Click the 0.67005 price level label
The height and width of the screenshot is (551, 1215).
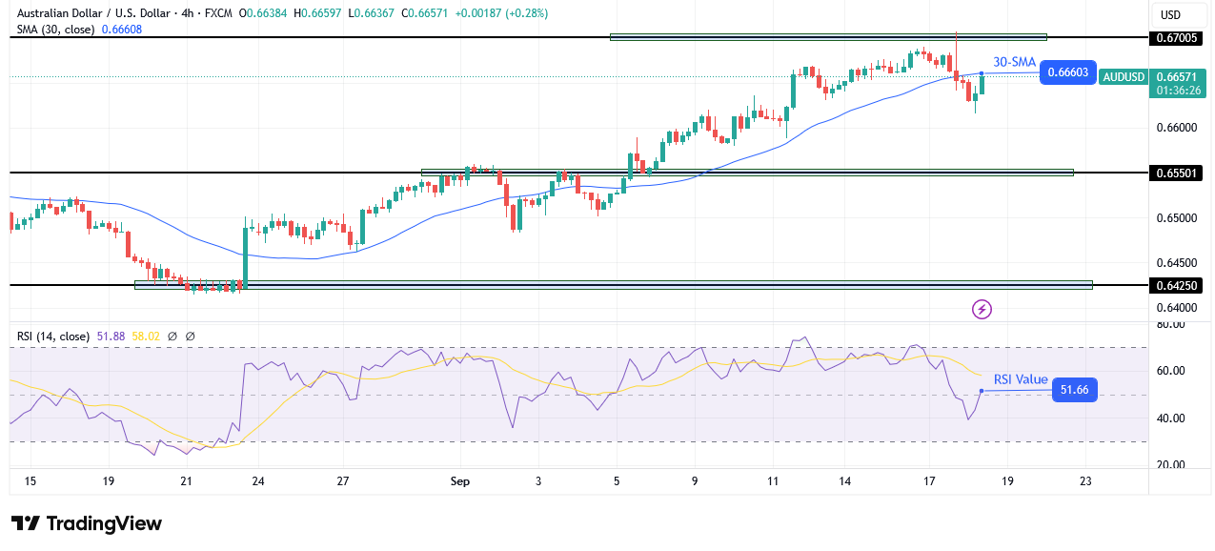pos(1175,38)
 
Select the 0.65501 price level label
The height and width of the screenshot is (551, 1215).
pos(1175,173)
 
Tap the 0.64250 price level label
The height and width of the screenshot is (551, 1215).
pos(1175,285)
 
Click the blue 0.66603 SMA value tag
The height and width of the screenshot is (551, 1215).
pos(1067,72)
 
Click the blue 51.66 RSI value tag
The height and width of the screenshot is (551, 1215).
pos(1074,390)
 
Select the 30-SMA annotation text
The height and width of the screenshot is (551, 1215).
pos(1014,62)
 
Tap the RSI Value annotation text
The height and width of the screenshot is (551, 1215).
pos(1020,379)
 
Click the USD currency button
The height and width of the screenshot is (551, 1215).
pos(1169,14)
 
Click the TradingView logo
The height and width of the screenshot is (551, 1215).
pos(86,523)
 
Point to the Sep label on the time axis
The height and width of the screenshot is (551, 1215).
pos(459,481)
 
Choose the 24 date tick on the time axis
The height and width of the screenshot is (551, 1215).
pos(257,481)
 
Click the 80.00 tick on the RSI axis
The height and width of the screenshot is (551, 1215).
pos(1171,324)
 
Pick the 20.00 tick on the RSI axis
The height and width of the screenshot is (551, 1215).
pos(1171,465)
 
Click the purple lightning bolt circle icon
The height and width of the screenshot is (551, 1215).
pos(982,309)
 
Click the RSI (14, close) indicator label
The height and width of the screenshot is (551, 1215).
pos(51,337)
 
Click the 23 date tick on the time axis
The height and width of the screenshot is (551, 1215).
pos(1084,481)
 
